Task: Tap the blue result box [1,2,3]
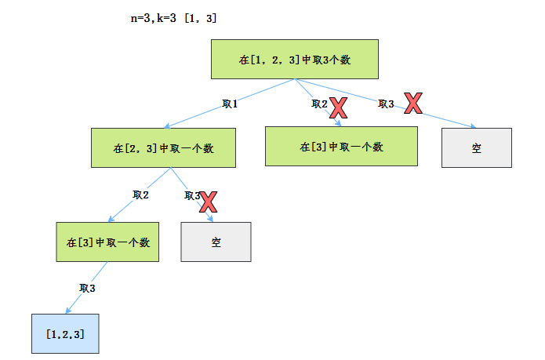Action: coord(66,333)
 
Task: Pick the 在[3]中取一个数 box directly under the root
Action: coord(341,147)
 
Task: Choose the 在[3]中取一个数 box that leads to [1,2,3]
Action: coord(107,242)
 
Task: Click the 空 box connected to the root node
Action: coord(476,147)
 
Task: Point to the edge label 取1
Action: coord(230,104)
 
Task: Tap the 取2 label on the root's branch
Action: coord(319,104)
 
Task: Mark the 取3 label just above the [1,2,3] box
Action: coord(87,289)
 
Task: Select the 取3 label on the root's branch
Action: coord(386,104)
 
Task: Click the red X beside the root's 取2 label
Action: coord(338,107)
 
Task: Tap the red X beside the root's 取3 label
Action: coord(413,102)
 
